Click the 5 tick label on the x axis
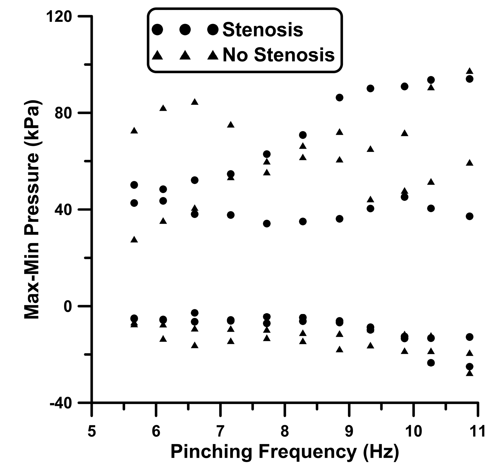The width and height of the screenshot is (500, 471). pyautogui.click(x=92, y=431)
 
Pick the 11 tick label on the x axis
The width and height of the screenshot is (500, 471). pyautogui.click(x=477, y=431)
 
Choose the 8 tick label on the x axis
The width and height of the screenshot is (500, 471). pyautogui.click(x=285, y=431)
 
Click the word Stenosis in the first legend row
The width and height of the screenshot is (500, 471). pyautogui.click(x=263, y=30)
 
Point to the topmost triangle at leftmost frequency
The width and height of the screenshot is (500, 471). pyautogui.click(x=134, y=131)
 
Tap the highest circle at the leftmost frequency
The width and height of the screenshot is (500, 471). pyautogui.click(x=134, y=185)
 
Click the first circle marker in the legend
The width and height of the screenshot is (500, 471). pyautogui.click(x=157, y=30)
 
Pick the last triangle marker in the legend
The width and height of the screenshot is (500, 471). pyautogui.click(x=213, y=55)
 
